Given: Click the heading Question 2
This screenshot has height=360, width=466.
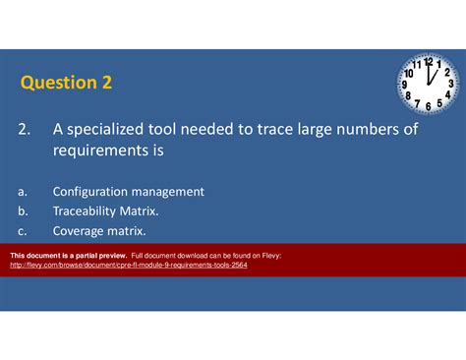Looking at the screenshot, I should coord(66,83).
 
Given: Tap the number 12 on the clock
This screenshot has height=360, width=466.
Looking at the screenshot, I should coord(429,61).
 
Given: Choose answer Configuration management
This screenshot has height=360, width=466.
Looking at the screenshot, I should coord(128,192).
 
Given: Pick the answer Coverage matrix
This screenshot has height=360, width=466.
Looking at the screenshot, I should coord(99,231).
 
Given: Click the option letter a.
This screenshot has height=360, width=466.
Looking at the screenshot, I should coord(21,192).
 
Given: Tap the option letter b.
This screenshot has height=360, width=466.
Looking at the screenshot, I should coord(21,211).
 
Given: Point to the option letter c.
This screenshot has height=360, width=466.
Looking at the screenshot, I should coord(21,231).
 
